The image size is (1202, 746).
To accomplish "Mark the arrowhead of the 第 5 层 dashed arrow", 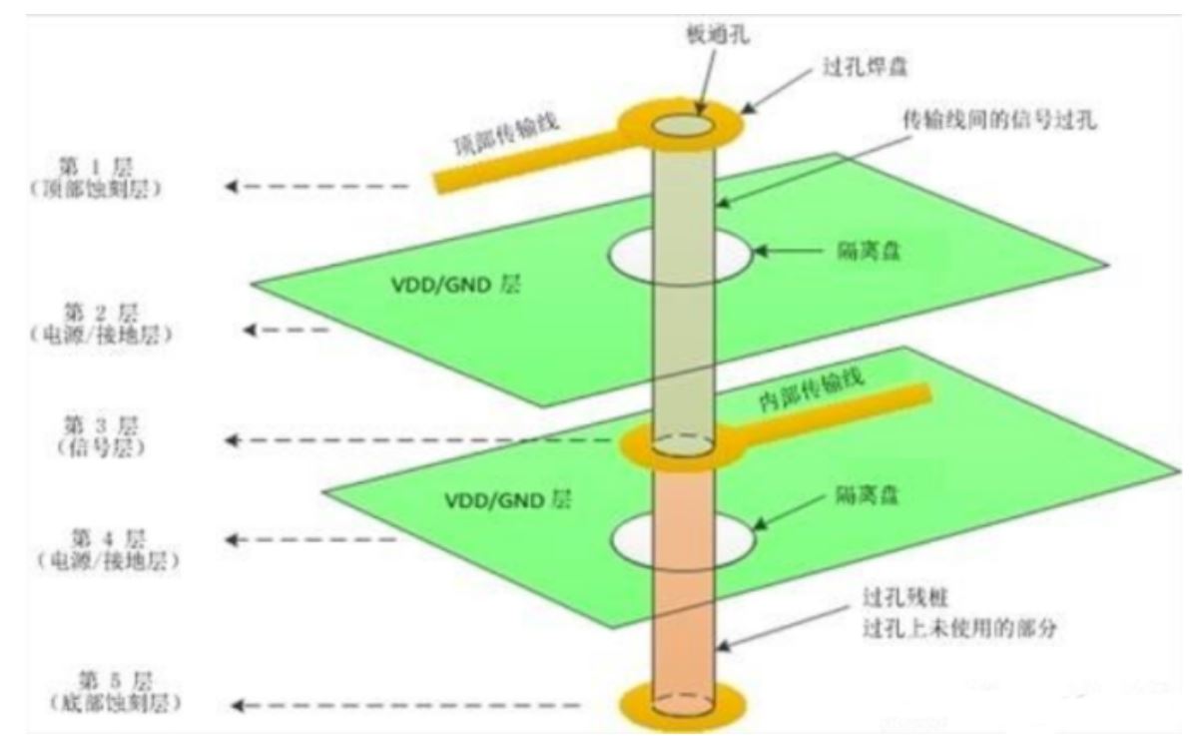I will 233,706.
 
